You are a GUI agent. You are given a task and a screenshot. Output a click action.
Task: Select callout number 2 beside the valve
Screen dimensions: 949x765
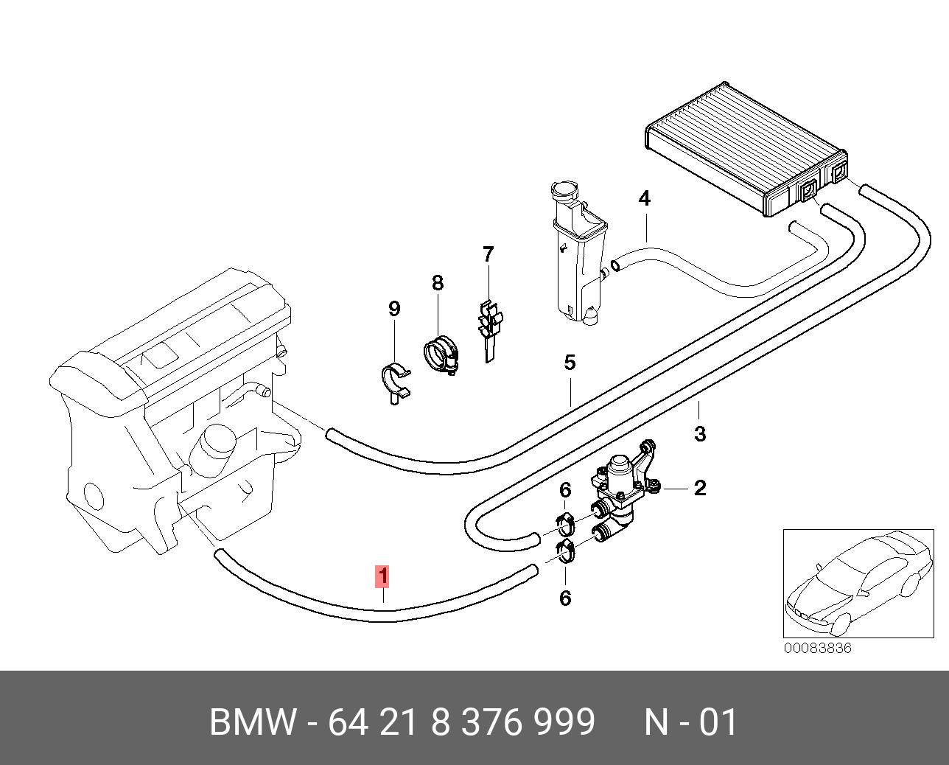pyautogui.click(x=700, y=488)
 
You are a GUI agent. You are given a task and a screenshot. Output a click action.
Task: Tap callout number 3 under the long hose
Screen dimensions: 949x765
pyautogui.click(x=700, y=433)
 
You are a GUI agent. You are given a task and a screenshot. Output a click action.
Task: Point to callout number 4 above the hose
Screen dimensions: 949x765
pyautogui.click(x=644, y=198)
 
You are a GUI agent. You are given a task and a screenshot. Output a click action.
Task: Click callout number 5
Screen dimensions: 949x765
pyautogui.click(x=570, y=363)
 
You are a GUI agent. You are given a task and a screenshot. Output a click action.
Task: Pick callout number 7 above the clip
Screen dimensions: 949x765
pyautogui.click(x=488, y=254)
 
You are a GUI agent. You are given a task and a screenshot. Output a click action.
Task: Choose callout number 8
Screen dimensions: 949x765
pyautogui.click(x=438, y=283)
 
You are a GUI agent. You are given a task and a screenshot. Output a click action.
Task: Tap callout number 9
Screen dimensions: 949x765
pyautogui.click(x=394, y=309)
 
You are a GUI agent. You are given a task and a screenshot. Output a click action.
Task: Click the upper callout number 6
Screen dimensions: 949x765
pyautogui.click(x=565, y=490)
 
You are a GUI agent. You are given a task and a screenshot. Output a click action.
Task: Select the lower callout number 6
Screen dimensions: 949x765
pyautogui.click(x=565, y=598)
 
